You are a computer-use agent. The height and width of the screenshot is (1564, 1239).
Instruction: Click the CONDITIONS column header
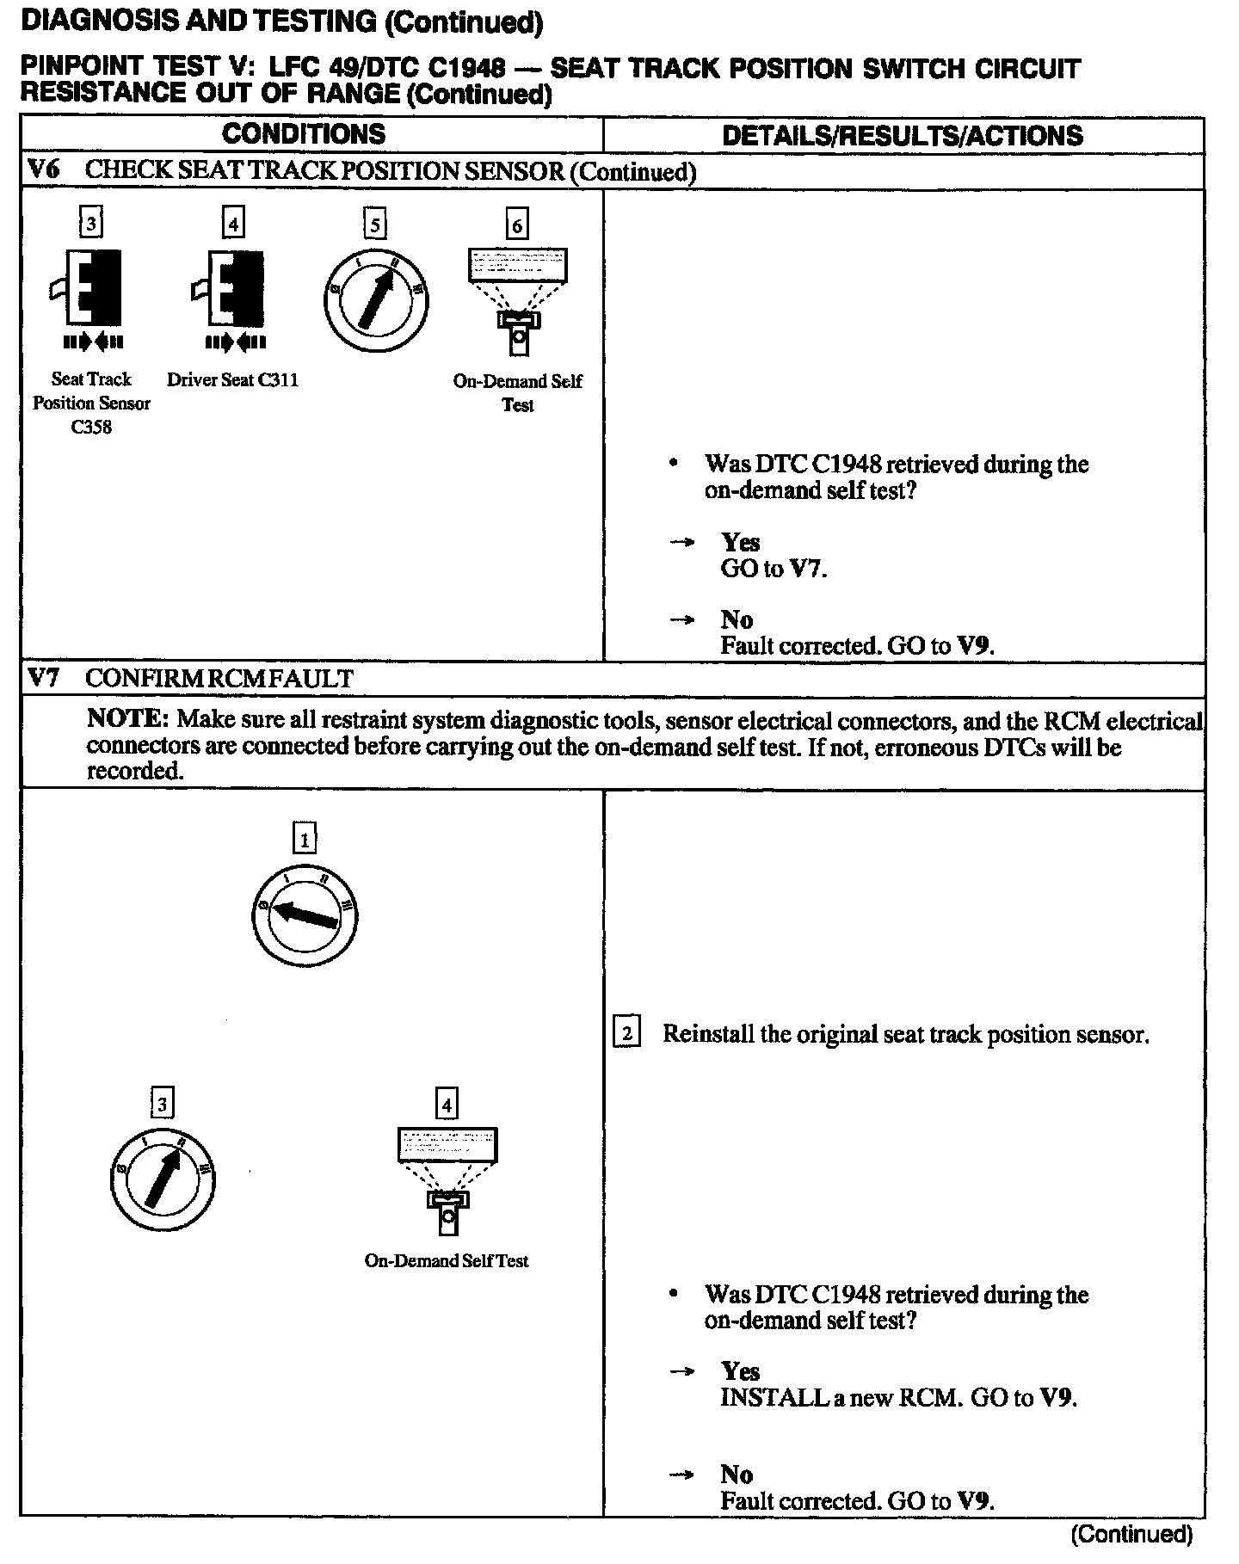(304, 134)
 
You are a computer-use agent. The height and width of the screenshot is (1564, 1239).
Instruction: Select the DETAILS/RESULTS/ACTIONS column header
(903, 135)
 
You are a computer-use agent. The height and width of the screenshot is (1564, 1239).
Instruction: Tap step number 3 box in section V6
(91, 225)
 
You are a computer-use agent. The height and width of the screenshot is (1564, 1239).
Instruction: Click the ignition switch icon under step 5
(376, 300)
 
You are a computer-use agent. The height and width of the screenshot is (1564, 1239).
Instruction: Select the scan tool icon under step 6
(517, 300)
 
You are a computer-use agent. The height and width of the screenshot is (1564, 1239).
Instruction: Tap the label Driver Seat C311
(232, 379)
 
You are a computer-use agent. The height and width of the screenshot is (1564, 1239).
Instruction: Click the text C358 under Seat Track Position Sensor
(91, 427)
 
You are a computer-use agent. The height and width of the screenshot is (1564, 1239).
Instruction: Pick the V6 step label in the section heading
(43, 169)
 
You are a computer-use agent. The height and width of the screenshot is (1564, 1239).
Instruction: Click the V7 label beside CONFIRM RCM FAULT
(43, 678)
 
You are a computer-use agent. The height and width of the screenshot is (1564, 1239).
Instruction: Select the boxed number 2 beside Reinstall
(626, 1032)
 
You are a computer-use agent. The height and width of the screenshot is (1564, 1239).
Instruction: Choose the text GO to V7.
(774, 569)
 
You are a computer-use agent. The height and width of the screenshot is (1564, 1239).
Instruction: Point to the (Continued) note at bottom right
(1131, 1534)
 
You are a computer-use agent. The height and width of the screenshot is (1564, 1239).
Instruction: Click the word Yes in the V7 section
(740, 1370)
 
